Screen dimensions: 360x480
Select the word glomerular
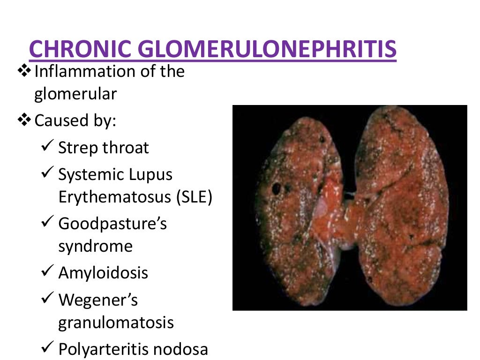(x=75, y=94)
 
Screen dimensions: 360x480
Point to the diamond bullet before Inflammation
(x=23, y=72)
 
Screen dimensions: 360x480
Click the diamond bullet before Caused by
(x=23, y=121)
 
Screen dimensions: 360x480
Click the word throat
(x=126, y=148)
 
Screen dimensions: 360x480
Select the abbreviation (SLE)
(x=195, y=197)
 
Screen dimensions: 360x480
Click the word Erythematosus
(x=115, y=197)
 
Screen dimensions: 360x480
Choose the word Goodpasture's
(x=112, y=224)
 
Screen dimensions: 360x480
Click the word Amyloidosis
(x=103, y=273)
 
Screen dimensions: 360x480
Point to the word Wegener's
(x=98, y=300)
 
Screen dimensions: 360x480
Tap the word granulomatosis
(x=116, y=323)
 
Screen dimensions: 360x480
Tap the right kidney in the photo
(x=403, y=202)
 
